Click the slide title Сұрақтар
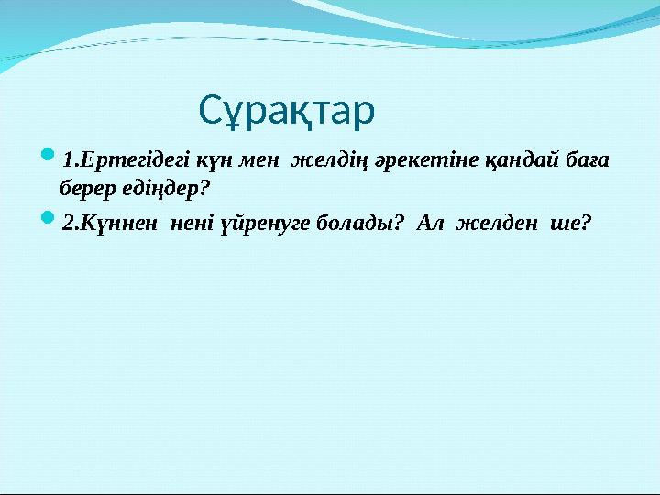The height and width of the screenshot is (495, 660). point(286,111)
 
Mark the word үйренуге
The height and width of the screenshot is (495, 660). point(268,223)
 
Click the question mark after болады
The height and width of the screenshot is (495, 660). point(399,223)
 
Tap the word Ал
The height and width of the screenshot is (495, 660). point(431,223)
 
